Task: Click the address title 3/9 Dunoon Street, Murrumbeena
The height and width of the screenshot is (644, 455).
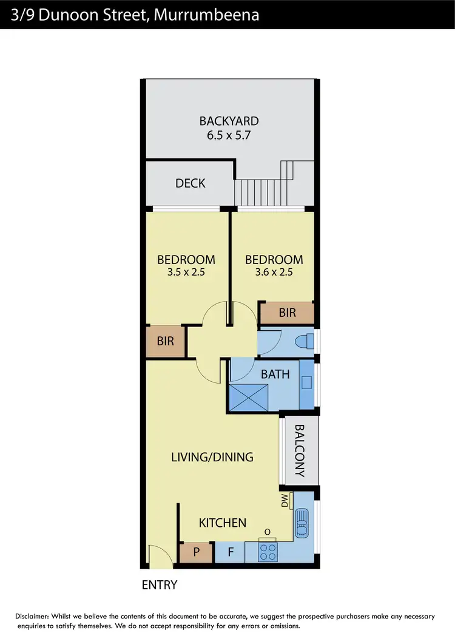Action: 135,14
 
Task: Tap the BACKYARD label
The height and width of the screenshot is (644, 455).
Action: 229,121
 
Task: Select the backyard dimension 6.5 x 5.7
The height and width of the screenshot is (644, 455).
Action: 229,135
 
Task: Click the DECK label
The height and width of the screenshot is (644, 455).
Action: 190,183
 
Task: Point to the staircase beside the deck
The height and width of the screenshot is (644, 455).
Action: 264,188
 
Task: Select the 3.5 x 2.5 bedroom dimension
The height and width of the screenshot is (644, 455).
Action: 186,273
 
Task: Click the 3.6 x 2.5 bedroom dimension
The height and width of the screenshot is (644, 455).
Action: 274,273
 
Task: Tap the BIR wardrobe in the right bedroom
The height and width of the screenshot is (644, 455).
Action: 287,313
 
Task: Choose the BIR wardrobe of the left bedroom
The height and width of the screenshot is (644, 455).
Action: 165,341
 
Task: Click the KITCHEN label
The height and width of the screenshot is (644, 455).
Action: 223,522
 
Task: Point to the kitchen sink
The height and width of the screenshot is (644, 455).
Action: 302,520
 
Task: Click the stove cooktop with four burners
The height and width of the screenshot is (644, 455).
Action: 267,552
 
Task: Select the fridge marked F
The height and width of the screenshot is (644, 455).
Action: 231,553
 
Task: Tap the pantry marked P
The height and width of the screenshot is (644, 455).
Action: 196,553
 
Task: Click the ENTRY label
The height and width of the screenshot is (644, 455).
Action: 159,585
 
